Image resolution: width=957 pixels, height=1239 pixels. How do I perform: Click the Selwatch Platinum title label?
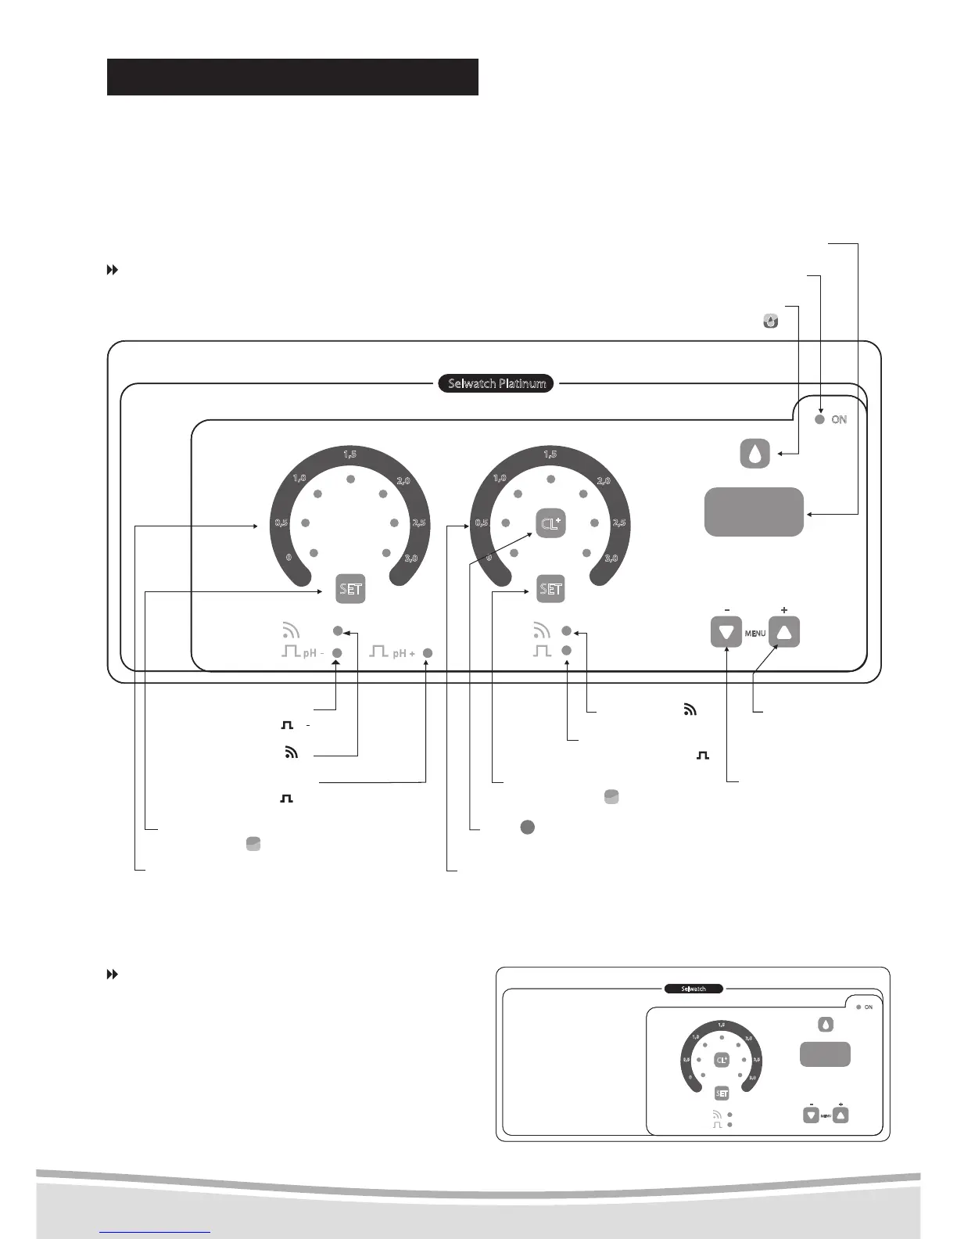[x=496, y=383]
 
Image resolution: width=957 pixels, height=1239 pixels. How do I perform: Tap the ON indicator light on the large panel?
[x=819, y=419]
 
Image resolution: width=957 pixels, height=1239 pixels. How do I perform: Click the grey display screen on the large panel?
[x=754, y=512]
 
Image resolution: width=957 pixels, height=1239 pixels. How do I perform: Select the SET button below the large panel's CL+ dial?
[x=550, y=589]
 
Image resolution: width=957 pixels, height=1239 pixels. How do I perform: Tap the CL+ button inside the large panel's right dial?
[x=550, y=523]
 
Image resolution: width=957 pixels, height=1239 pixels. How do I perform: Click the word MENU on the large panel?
[x=755, y=633]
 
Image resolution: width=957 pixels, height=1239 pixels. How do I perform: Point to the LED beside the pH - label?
[x=338, y=653]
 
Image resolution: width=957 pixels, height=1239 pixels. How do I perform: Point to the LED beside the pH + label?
[x=428, y=653]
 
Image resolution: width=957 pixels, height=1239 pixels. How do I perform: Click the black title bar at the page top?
[x=292, y=77]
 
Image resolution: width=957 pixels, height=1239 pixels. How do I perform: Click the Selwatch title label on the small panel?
[x=694, y=989]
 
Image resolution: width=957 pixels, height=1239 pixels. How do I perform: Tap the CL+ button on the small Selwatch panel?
[x=722, y=1060]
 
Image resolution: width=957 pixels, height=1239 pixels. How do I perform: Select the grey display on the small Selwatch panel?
[x=825, y=1054]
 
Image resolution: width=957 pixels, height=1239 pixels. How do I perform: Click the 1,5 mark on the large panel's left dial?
[x=350, y=454]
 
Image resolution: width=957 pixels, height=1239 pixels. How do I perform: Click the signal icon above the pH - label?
[x=290, y=630]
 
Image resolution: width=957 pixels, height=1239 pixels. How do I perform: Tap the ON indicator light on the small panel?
[x=858, y=1007]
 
